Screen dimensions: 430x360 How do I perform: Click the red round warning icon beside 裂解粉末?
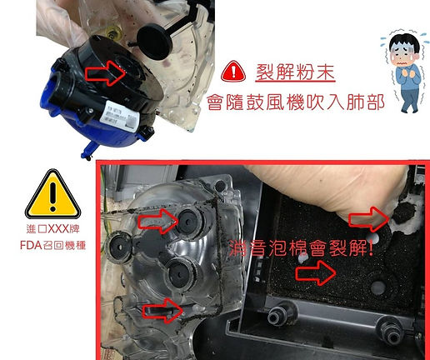(233, 71)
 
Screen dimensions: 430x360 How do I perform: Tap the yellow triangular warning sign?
(52, 193)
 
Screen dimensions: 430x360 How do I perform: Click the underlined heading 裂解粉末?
(295, 72)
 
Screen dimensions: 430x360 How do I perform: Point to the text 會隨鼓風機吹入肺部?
(296, 102)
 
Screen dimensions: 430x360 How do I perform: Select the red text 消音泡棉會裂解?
(301, 247)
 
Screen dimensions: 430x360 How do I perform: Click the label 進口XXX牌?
(52, 229)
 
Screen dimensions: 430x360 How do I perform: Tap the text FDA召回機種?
(52, 245)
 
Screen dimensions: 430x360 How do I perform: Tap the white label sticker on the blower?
(119, 116)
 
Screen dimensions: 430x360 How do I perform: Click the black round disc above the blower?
(154, 42)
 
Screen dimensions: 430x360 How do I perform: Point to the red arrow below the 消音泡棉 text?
(316, 272)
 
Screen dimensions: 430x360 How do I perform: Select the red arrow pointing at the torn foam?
(369, 219)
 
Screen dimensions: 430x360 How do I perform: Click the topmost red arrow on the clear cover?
(158, 222)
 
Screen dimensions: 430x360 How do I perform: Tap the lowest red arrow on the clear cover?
(162, 311)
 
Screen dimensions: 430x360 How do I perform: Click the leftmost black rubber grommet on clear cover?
(118, 247)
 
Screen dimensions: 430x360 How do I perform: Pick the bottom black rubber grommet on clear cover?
(179, 275)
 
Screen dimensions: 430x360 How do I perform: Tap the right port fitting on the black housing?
(391, 331)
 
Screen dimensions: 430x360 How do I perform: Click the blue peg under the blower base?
(88, 151)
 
